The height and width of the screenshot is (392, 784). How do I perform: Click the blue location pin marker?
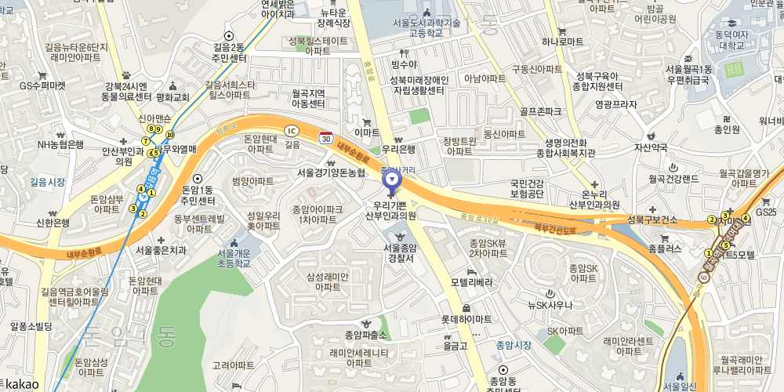[x=391, y=180]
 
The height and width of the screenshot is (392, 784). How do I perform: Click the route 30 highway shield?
[x=325, y=137]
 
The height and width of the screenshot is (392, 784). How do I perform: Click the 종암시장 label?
[x=514, y=345]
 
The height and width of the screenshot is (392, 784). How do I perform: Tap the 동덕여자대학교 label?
[x=730, y=40]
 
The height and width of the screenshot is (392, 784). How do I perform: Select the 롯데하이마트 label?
[x=466, y=319]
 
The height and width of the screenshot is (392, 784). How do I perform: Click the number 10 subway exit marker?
[x=170, y=136]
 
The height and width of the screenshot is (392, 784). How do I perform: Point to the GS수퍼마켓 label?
[x=42, y=85]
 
